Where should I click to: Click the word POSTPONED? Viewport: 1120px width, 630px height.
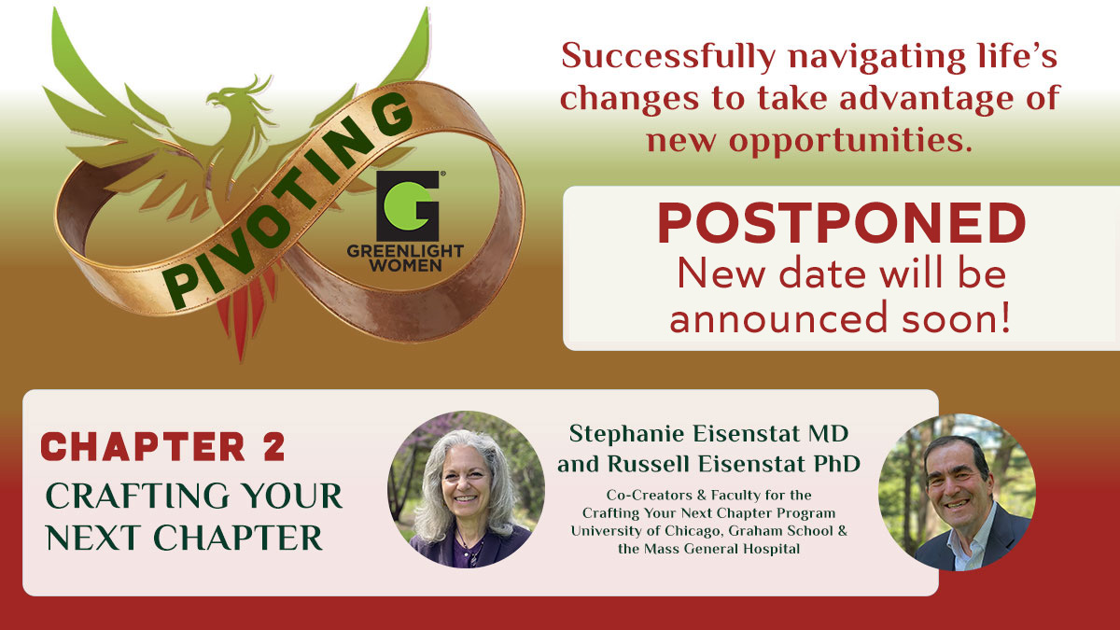click(842, 223)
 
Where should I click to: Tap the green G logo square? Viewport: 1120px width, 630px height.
click(408, 206)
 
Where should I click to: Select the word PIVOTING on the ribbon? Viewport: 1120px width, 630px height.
click(288, 201)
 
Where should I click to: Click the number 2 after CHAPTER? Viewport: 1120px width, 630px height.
click(273, 446)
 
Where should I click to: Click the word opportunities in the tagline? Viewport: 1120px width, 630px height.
click(850, 141)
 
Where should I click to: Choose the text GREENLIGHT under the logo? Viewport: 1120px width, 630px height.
click(405, 251)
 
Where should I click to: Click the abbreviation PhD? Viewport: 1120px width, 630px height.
click(836, 465)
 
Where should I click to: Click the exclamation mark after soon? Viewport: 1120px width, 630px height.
click(1004, 318)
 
